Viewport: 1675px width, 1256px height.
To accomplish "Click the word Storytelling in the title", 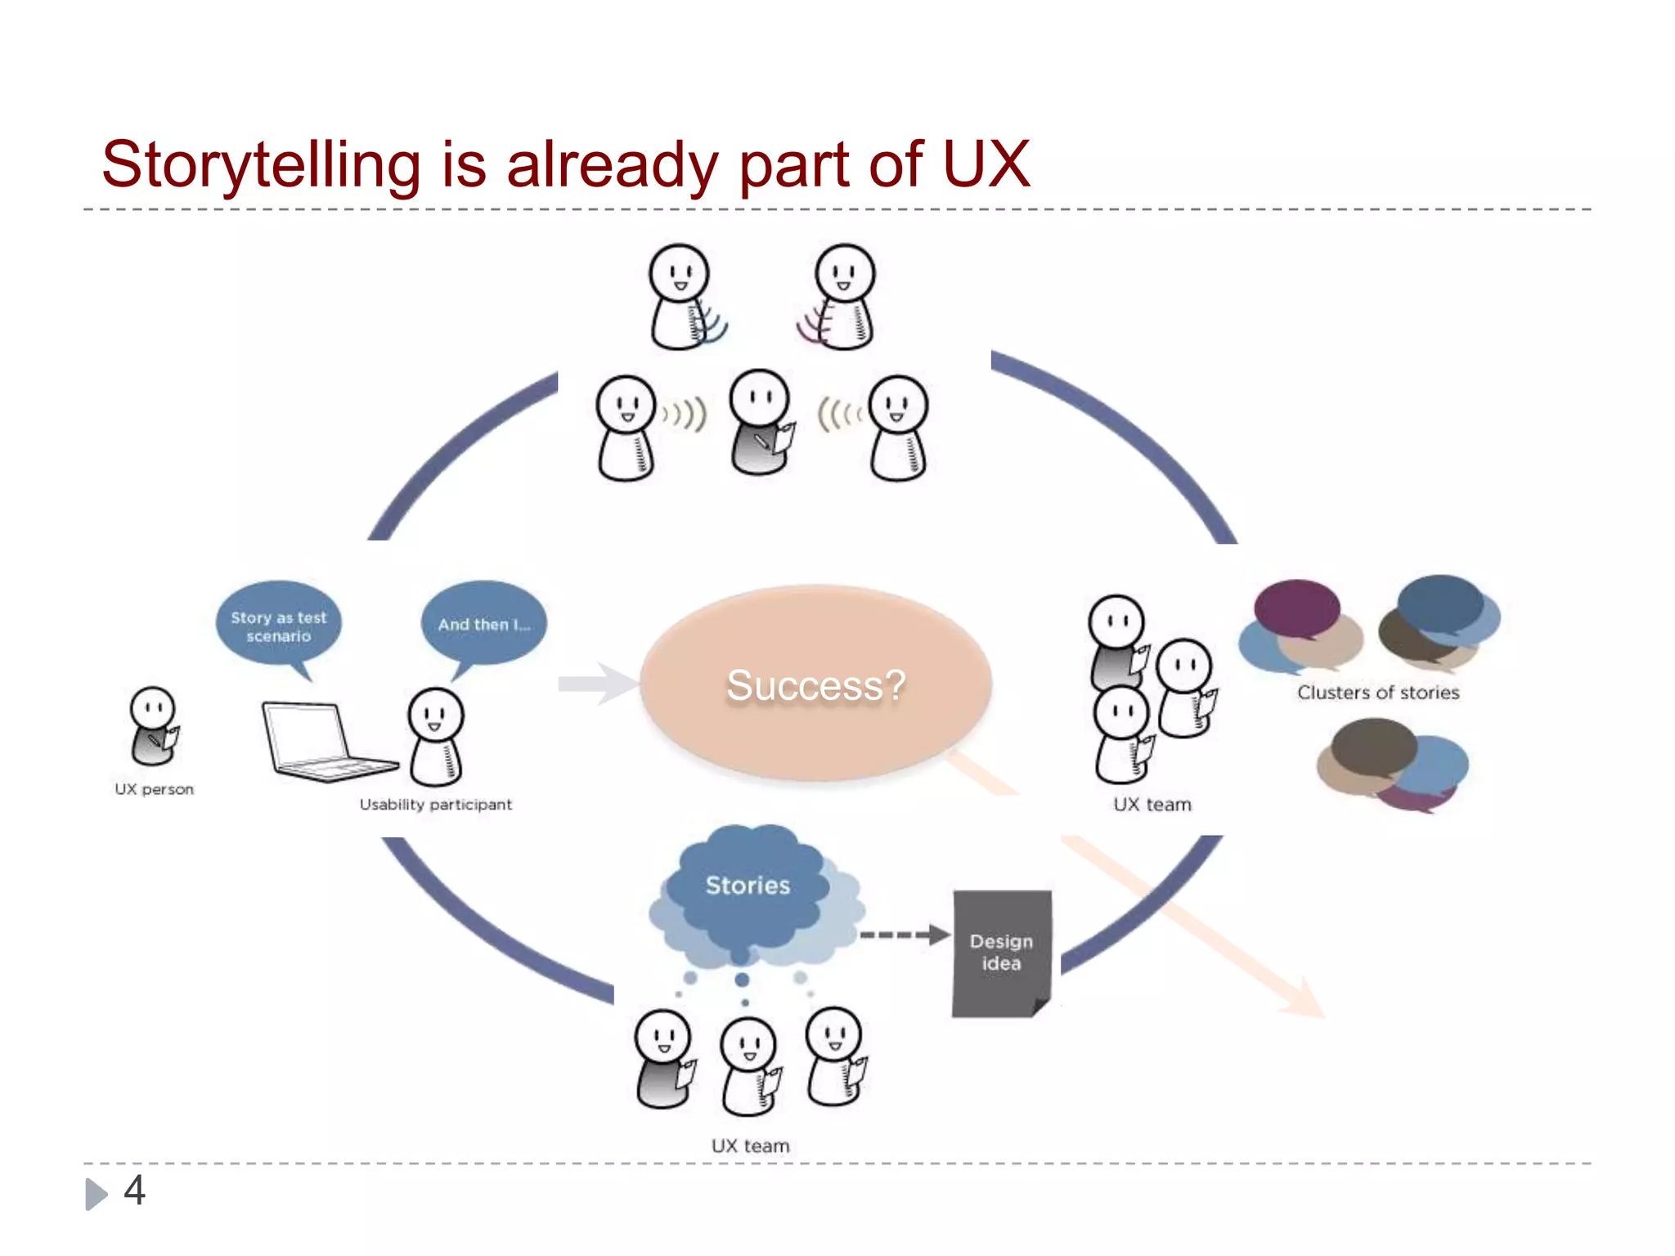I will click(261, 166).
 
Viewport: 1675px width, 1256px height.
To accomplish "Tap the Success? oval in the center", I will click(815, 684).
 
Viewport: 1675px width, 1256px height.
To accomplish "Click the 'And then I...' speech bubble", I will click(483, 624).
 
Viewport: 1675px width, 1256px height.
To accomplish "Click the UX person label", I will click(155, 789).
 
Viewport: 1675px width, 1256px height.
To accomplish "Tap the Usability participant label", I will click(435, 805).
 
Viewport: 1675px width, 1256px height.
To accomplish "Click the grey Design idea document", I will click(1001, 953).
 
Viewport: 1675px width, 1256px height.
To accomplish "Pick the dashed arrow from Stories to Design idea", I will click(904, 935).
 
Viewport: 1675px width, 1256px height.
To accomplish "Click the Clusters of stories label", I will click(1378, 693).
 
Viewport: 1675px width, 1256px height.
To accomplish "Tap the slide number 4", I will click(135, 1190).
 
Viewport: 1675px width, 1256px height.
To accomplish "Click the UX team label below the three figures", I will click(750, 1146).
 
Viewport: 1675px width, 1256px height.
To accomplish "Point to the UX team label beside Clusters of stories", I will click(1152, 805).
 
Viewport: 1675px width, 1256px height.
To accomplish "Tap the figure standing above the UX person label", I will click(154, 725).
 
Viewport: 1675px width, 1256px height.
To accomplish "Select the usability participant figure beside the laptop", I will click(436, 736).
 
